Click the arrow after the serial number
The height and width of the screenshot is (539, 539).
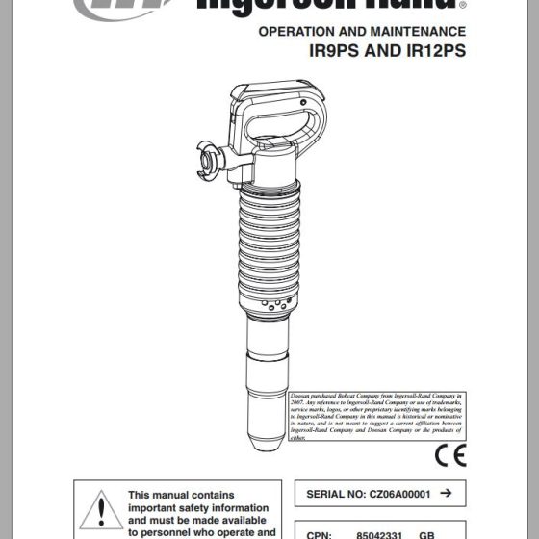(445, 493)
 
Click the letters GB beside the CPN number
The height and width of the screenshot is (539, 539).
(427, 532)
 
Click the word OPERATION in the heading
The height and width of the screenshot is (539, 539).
(299, 32)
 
